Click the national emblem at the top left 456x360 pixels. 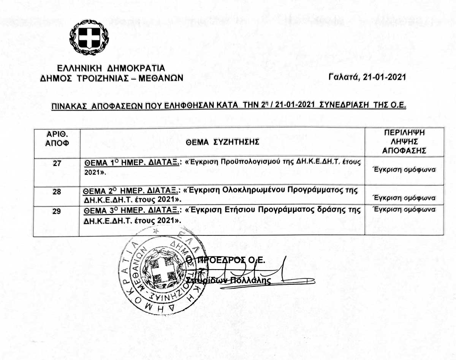[89, 37]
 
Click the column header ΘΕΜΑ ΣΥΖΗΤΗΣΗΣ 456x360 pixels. [222, 142]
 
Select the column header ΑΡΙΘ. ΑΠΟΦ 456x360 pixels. [57, 139]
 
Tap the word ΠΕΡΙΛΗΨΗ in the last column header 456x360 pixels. [404, 133]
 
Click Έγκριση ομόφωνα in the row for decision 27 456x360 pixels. [404, 170]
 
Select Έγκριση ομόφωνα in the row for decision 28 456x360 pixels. [404, 198]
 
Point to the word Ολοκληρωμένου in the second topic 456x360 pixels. [256, 190]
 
